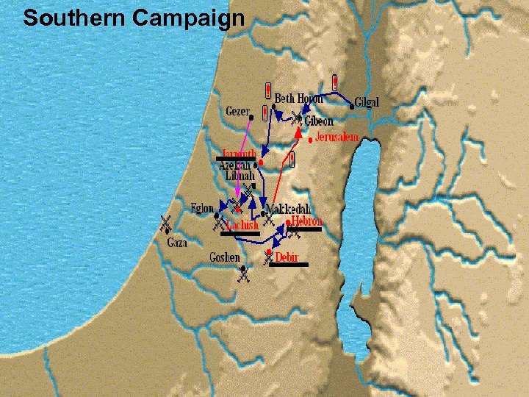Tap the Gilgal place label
(367, 102)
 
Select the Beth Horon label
(298, 99)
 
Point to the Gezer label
(237, 111)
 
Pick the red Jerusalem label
(337, 137)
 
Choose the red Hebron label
(306, 220)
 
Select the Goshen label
(225, 257)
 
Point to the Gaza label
(176, 242)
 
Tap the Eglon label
(203, 207)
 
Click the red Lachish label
(242, 225)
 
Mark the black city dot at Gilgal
(352, 107)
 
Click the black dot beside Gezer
(251, 116)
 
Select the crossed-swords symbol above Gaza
(165, 223)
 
